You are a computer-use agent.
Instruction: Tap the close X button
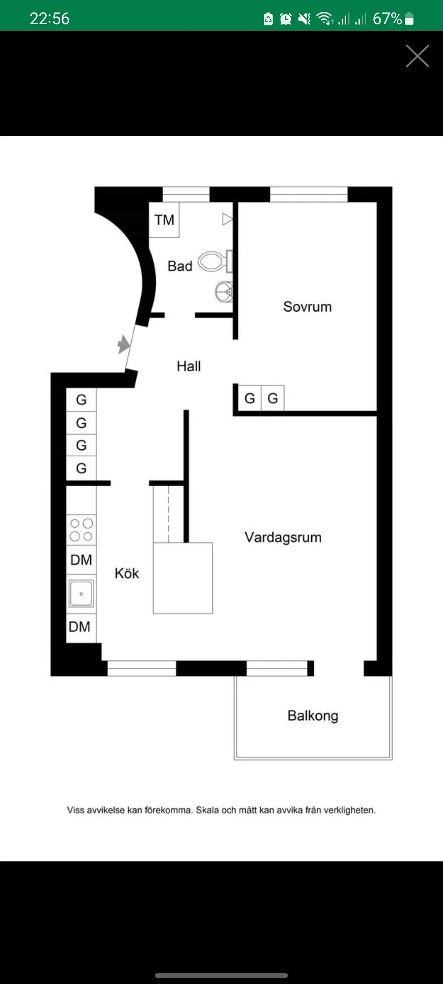(417, 56)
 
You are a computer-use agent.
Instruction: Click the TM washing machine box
(164, 220)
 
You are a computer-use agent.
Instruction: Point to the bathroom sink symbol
(224, 292)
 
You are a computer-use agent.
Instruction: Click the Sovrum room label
(307, 307)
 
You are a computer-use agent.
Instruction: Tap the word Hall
(189, 366)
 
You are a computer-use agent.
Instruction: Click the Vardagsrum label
(283, 537)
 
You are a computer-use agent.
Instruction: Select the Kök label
(127, 573)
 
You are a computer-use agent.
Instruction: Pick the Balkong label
(313, 715)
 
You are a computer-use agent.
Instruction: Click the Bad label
(180, 266)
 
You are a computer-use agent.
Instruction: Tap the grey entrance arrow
(123, 344)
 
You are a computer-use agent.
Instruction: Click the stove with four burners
(81, 530)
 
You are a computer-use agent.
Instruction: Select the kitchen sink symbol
(81, 593)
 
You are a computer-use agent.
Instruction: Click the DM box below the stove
(81, 560)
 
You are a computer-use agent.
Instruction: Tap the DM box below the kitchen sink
(80, 627)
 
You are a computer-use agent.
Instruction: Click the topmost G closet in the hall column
(81, 399)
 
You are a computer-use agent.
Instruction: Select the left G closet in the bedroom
(249, 398)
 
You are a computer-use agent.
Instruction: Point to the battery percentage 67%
(387, 18)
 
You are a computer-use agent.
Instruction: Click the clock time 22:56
(50, 18)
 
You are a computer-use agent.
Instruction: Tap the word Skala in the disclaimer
(208, 810)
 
